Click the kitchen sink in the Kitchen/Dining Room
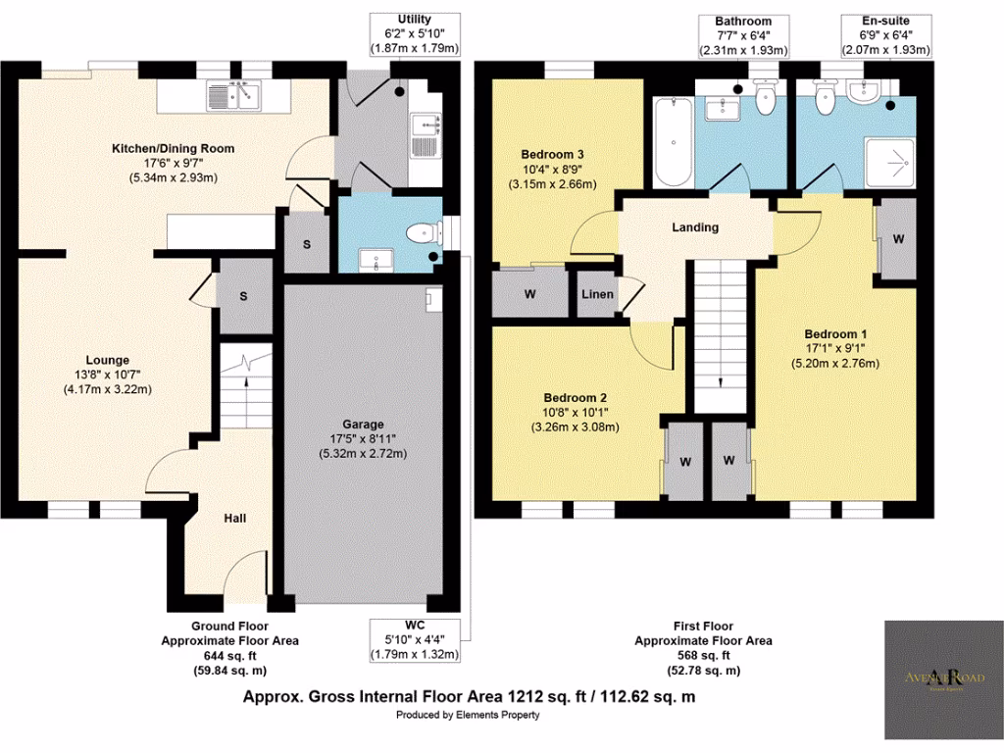tap(234, 96)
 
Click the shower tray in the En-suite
tap(889, 159)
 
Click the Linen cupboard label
tap(597, 295)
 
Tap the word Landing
tap(695, 227)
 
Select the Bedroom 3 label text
tap(552, 155)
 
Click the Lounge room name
tap(107, 360)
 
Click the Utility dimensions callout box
tap(414, 33)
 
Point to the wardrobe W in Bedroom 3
tap(529, 293)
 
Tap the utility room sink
tap(425, 125)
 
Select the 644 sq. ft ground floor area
tap(229, 656)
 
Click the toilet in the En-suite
tap(824, 95)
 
